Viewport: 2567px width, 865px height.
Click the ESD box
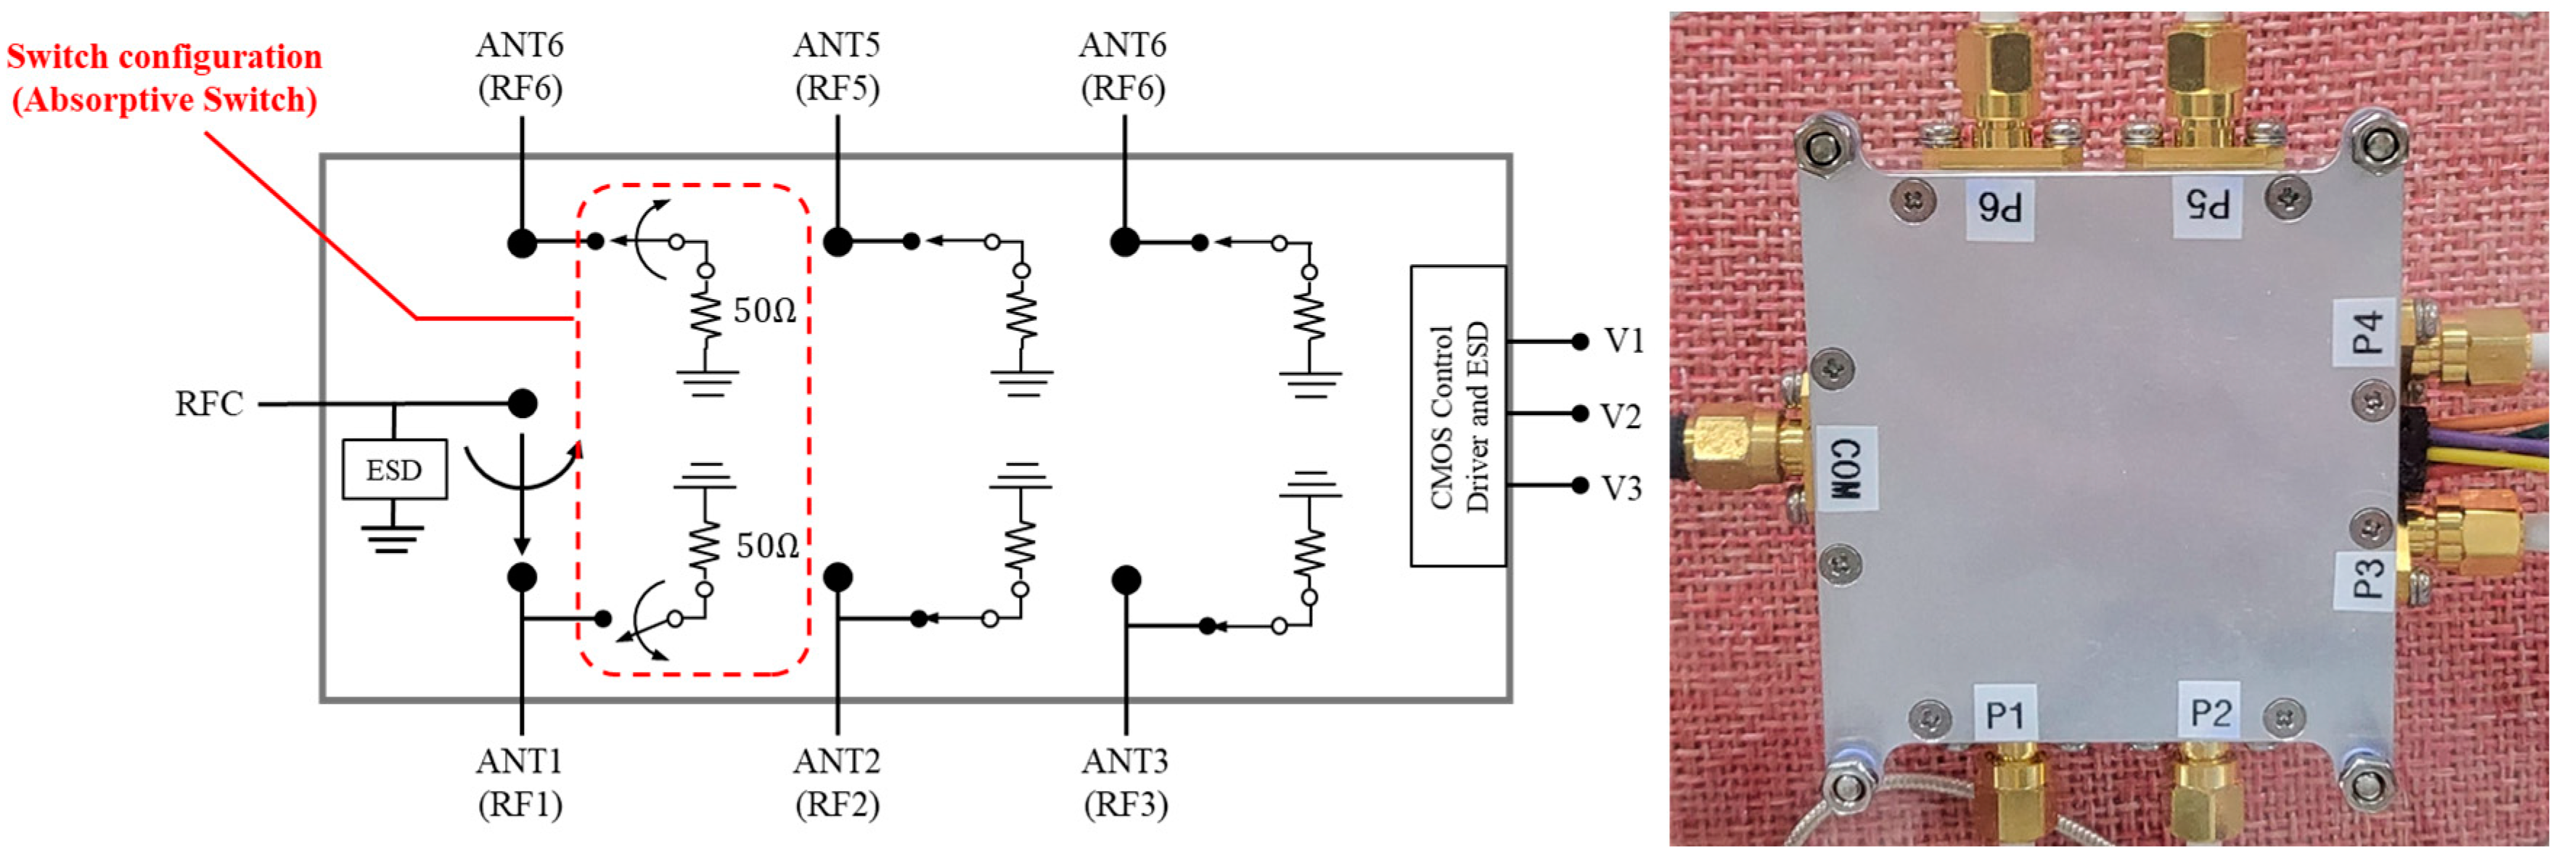[x=393, y=470]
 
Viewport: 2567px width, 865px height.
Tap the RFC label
[x=209, y=403]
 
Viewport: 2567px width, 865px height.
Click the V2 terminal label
[x=1621, y=416]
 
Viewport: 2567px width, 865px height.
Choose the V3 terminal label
[x=1621, y=488]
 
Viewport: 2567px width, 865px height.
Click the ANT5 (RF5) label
[x=837, y=67]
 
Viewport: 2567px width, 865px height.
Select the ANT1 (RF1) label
[x=520, y=782]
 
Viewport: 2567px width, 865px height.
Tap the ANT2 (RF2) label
[x=837, y=782]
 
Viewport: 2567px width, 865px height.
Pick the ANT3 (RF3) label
[x=1125, y=782]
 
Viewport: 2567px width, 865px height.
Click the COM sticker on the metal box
[x=1846, y=468]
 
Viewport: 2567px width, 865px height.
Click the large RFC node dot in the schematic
[x=522, y=403]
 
